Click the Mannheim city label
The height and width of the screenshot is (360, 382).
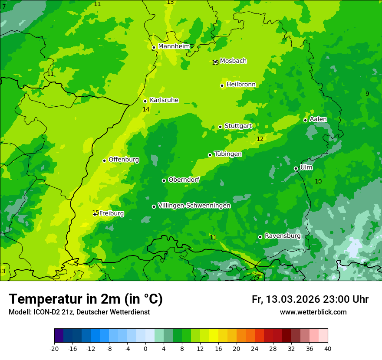pos(174,46)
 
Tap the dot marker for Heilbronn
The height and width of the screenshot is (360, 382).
pos(222,85)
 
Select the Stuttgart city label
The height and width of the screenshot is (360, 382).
pos(238,126)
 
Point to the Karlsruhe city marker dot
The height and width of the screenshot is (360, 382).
pos(145,101)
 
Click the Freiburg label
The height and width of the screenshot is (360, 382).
pos(111,213)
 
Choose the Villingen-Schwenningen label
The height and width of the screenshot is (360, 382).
pos(194,206)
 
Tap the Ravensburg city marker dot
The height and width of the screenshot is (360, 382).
pos(260,237)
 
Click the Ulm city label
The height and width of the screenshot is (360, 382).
pos(306,167)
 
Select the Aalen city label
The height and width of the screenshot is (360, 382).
pos(318,119)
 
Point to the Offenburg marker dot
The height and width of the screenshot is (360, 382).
pos(104,160)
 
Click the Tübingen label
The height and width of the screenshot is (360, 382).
pos(228,154)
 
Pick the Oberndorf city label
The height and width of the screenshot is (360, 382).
pos(184,180)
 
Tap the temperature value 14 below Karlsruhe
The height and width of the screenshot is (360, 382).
pos(146,110)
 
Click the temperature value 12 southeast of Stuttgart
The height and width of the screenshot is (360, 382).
pos(260,139)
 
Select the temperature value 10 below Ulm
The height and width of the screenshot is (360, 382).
pos(318,181)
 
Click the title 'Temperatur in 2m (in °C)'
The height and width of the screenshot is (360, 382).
pos(86,299)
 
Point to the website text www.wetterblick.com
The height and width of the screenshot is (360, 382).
pos(313,312)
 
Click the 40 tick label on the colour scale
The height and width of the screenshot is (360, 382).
pos(327,349)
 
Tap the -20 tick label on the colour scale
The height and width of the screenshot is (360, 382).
pos(54,349)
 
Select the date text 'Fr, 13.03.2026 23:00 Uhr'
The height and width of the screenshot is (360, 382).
pos(310,299)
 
